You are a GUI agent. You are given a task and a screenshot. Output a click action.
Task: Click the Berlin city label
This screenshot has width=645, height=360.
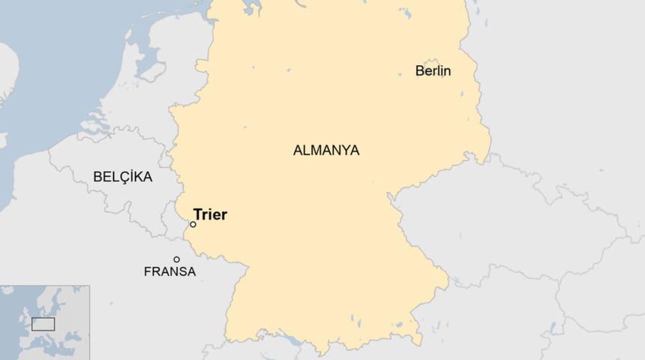tap(433, 71)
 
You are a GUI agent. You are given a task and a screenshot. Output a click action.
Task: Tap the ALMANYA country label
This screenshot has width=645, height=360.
tap(325, 150)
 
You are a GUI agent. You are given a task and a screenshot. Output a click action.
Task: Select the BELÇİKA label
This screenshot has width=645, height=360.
tap(122, 177)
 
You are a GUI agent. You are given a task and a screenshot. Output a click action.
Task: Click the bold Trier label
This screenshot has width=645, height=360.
tap(210, 215)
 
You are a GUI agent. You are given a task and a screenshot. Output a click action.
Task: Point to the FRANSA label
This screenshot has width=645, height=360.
tap(169, 271)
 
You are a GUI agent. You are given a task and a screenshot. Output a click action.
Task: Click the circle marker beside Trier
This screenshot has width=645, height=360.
tap(193, 224)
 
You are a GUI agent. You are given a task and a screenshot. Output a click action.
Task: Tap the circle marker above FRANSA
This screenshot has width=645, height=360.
tap(176, 259)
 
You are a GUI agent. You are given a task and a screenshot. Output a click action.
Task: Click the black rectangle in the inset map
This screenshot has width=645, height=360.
tap(43, 324)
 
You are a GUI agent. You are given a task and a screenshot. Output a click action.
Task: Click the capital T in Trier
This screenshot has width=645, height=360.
tap(197, 215)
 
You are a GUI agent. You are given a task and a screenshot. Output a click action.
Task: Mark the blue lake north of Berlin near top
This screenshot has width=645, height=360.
tap(406, 13)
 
